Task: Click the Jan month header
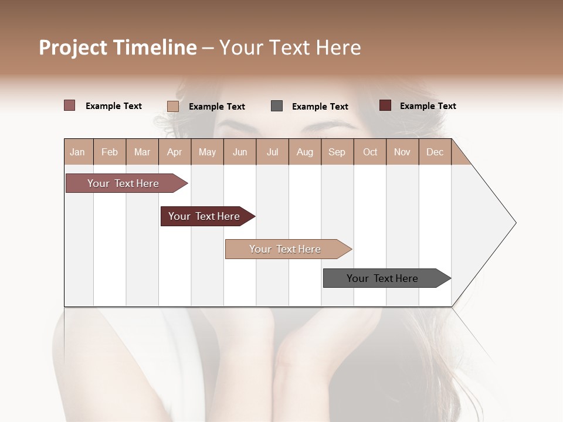(x=77, y=152)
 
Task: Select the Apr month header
(x=174, y=152)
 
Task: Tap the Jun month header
(x=239, y=152)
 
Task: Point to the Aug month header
(x=304, y=152)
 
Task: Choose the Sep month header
(x=337, y=152)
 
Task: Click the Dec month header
(x=435, y=152)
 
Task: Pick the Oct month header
(x=370, y=152)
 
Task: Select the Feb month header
(x=110, y=152)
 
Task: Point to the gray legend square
(x=277, y=106)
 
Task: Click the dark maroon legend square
(x=385, y=105)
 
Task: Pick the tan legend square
(x=173, y=106)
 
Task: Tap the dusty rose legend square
(x=70, y=105)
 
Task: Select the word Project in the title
(x=72, y=47)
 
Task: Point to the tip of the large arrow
(x=515, y=223)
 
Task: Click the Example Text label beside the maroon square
(x=428, y=106)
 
